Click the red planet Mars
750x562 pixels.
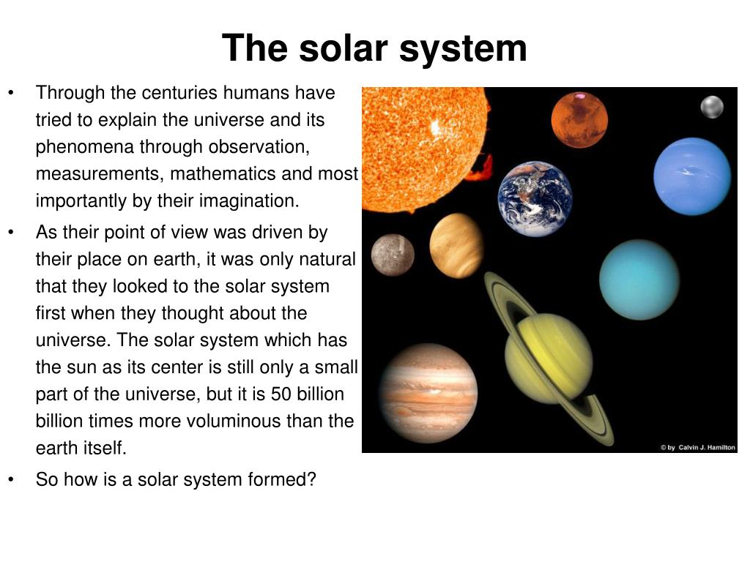[x=579, y=120]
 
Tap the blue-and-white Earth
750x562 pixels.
[x=535, y=199]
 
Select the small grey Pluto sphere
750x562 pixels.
[x=712, y=107]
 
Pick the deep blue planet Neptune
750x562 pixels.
[x=692, y=176]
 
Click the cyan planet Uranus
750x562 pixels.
[x=639, y=280]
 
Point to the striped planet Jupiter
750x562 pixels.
[x=428, y=393]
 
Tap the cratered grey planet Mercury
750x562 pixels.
[x=393, y=255]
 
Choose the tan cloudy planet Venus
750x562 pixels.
[x=456, y=246]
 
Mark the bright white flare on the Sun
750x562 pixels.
[x=435, y=127]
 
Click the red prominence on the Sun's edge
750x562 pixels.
[x=480, y=169]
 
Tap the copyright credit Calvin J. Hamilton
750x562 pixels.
[x=698, y=447]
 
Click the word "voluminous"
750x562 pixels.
[x=240, y=421]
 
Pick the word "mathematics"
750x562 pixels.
[x=223, y=174]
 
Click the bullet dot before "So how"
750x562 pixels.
[x=11, y=480]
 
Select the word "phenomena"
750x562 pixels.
[x=85, y=147]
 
